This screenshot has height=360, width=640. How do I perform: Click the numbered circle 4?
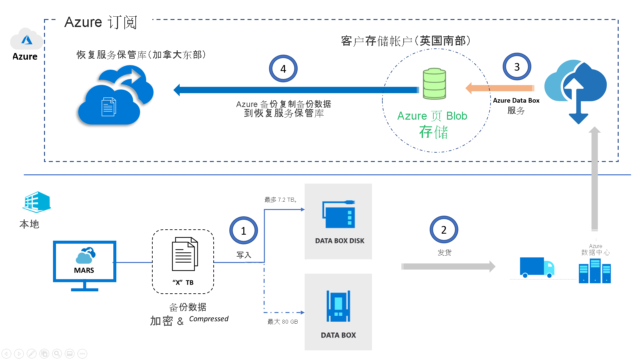pyautogui.click(x=283, y=69)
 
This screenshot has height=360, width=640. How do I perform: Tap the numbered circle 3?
pyautogui.click(x=517, y=67)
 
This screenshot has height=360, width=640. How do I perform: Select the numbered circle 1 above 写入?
pyautogui.click(x=243, y=231)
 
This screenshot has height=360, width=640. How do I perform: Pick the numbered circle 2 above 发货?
pyautogui.click(x=444, y=230)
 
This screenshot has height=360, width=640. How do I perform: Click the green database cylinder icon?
pyautogui.click(x=434, y=84)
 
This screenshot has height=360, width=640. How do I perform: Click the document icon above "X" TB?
pyautogui.click(x=185, y=254)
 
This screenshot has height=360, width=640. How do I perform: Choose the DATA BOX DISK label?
pyautogui.click(x=339, y=241)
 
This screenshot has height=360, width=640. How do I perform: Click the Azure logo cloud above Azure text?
pyautogui.click(x=26, y=39)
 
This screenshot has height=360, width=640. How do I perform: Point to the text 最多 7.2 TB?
pyautogui.click(x=280, y=200)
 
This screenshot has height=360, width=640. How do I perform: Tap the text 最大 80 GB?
pyautogui.click(x=282, y=322)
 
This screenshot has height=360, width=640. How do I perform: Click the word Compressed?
pyautogui.click(x=209, y=319)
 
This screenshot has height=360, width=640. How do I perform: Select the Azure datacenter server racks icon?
pyautogui.click(x=595, y=271)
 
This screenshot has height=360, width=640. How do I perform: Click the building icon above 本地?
pyautogui.click(x=36, y=202)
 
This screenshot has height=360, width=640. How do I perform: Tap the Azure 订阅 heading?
pyautogui.click(x=101, y=22)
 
